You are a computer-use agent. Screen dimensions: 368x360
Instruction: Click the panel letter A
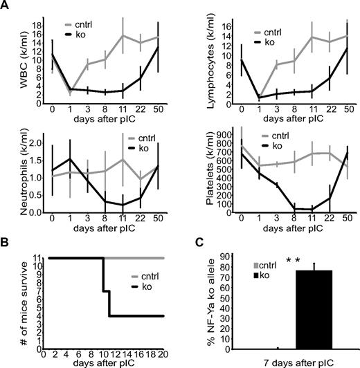[6, 6]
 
